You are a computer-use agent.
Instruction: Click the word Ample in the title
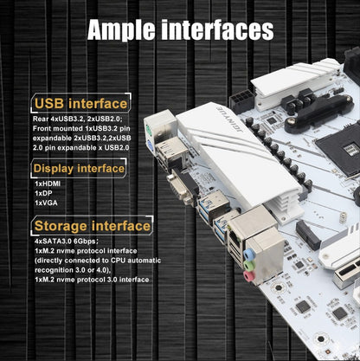coord(121,30)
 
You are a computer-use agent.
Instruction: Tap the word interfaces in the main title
coord(217,29)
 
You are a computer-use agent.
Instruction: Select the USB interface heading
coord(80,103)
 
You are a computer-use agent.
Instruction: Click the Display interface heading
coord(79,169)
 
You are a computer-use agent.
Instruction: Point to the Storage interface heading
coord(93,226)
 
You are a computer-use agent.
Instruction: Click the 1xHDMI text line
coord(48,184)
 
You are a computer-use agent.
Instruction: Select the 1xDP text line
coord(43,193)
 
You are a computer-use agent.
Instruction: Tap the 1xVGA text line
coord(46,203)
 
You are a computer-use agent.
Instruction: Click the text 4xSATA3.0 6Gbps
coord(66,242)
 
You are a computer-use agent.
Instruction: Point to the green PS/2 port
coord(149,128)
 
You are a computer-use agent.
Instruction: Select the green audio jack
coord(248,265)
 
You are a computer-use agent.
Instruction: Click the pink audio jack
coord(248,276)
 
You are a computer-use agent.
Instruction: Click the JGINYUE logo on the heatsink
coord(229,119)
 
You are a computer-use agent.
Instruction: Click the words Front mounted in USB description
coord(58,128)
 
